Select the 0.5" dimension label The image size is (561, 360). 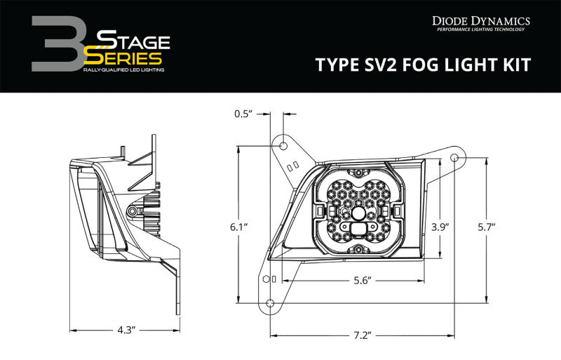click(x=244, y=112)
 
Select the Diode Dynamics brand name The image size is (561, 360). click(x=480, y=21)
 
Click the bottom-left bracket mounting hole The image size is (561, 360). click(x=269, y=302)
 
